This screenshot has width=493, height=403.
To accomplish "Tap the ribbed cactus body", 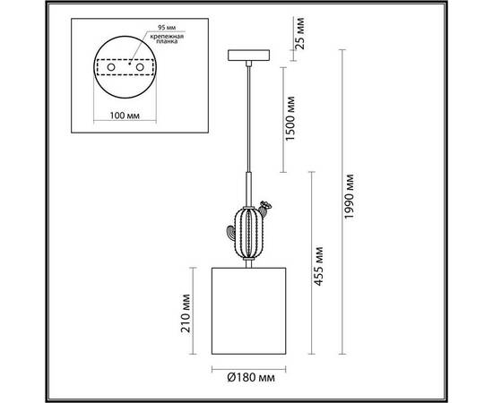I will click(x=248, y=231).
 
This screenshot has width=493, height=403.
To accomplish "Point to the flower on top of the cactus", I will click(x=265, y=205).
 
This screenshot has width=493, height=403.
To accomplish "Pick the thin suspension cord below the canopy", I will click(x=248, y=116).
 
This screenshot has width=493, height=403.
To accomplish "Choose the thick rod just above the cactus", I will click(x=248, y=190).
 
